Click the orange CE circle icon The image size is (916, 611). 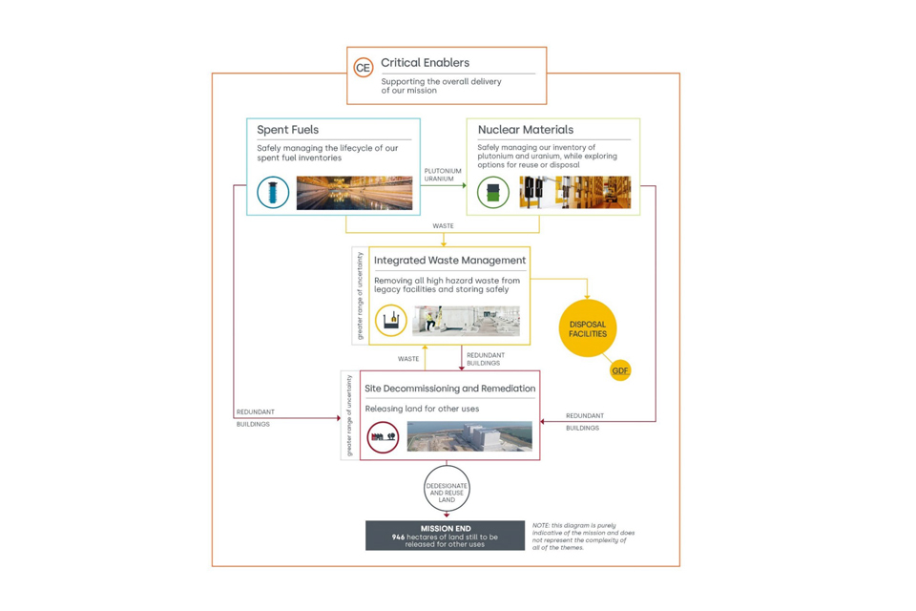[x=363, y=68]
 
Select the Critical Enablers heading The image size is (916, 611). [x=425, y=63]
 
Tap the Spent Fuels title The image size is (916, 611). [x=287, y=130]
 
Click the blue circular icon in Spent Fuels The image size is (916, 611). [x=273, y=192]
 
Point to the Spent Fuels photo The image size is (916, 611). [x=354, y=193]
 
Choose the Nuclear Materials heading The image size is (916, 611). [x=525, y=130]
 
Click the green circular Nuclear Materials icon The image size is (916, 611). [x=493, y=192]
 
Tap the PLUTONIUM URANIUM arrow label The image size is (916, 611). [x=442, y=175]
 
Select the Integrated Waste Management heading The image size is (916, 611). [x=449, y=260]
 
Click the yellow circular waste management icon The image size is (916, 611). [x=391, y=320]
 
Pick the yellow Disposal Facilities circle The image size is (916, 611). [x=588, y=328]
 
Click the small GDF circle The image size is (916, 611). [x=620, y=370]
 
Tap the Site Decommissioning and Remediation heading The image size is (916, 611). [x=449, y=389]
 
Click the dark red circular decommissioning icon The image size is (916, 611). [x=383, y=436]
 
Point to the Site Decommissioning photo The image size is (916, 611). [x=469, y=436]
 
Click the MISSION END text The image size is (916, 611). [x=445, y=528]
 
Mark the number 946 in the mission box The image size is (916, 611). [x=399, y=537]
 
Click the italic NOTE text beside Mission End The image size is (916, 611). [x=583, y=536]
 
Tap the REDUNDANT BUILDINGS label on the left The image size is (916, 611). [x=255, y=418]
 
